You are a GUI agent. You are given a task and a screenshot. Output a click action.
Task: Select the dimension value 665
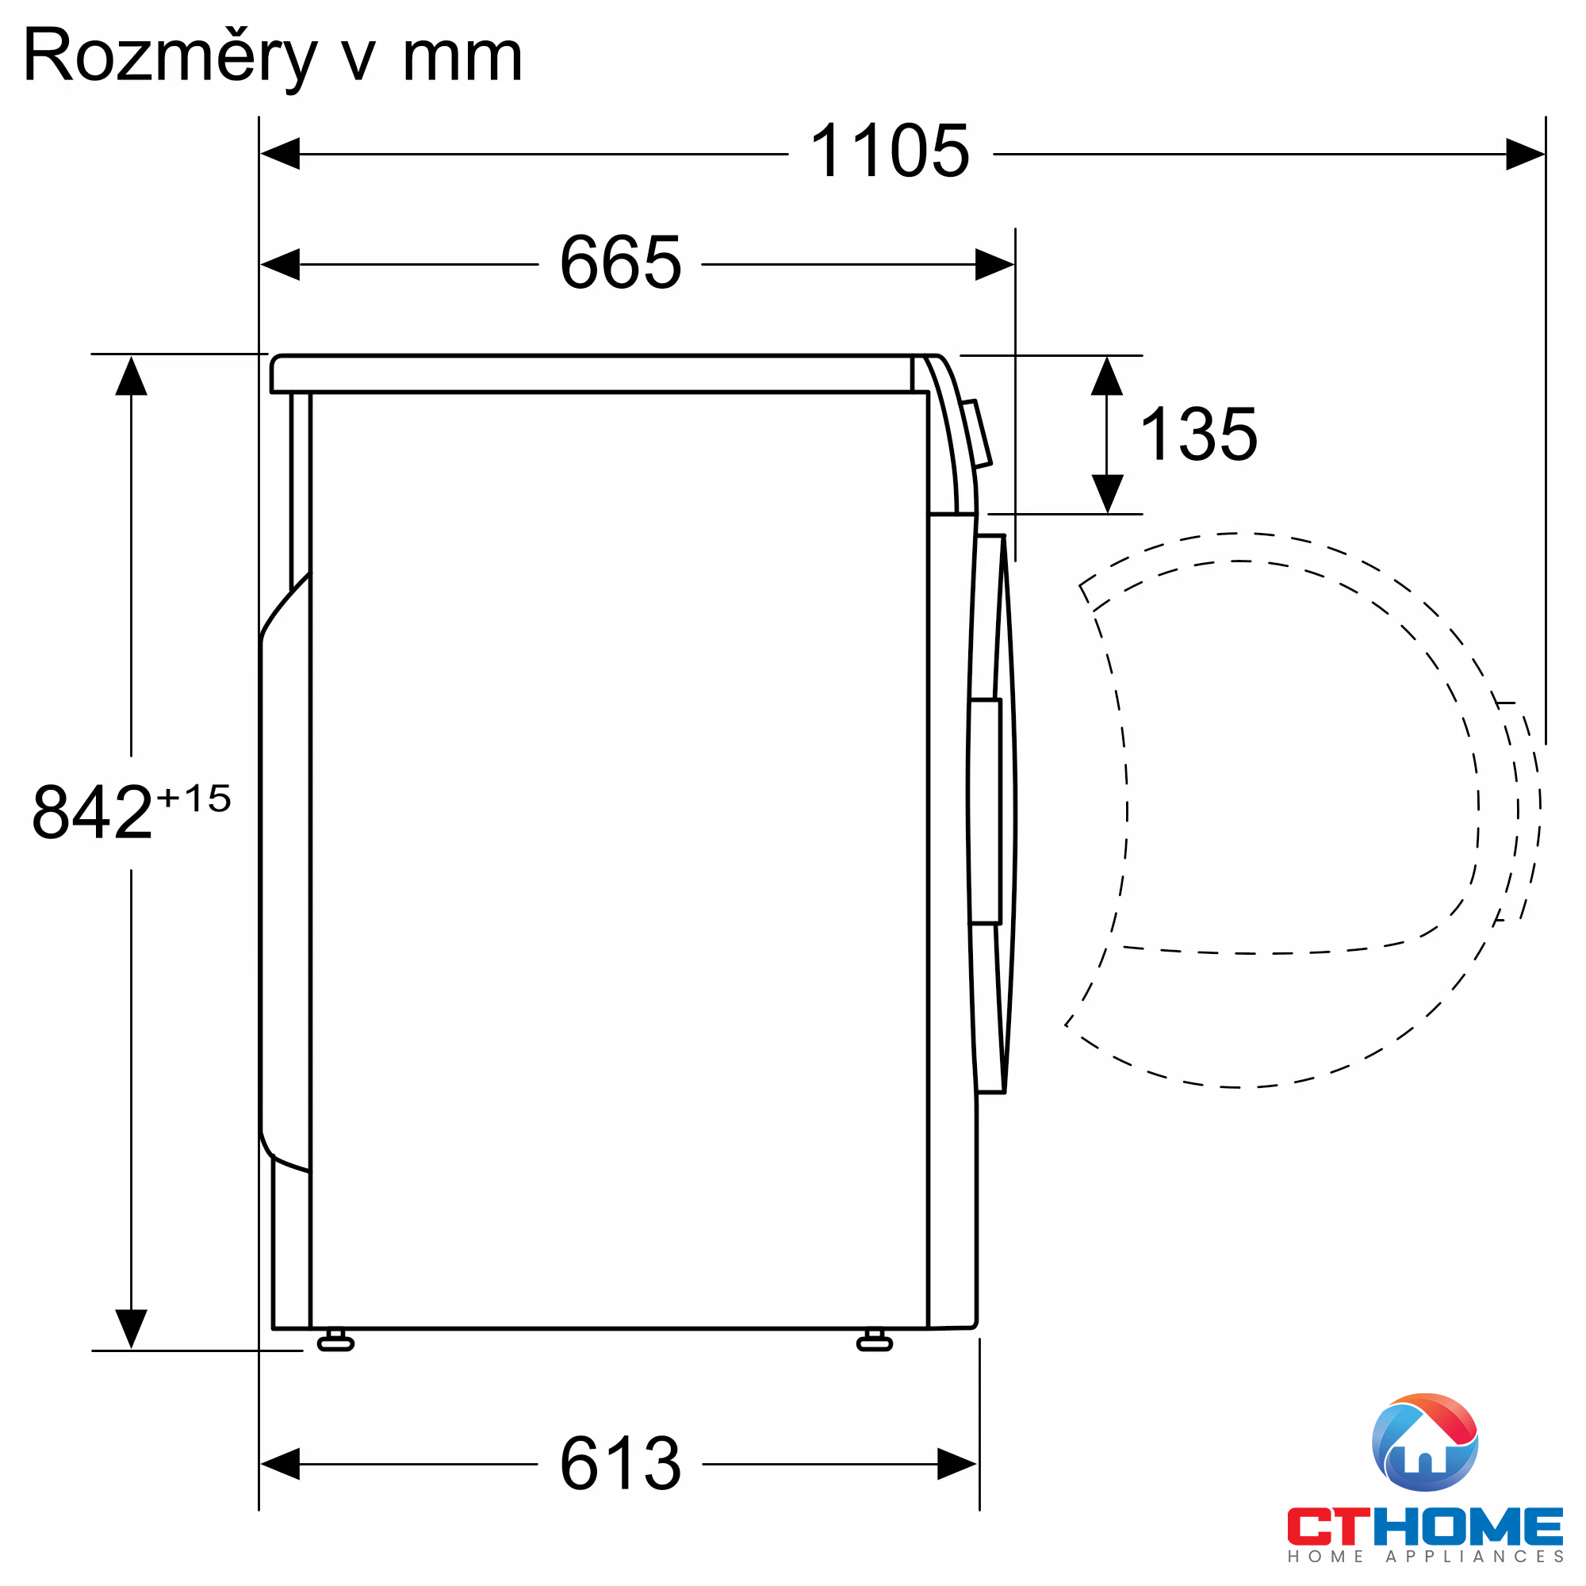[x=621, y=263]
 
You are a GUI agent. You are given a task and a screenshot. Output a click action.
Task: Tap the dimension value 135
[x=1198, y=435]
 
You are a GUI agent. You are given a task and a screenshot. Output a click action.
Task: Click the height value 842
[x=92, y=812]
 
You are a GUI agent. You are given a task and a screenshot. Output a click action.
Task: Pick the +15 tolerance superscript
[x=193, y=798]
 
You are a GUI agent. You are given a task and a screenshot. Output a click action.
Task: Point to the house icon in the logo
[x=1425, y=1442]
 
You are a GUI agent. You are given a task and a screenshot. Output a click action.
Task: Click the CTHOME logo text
[x=1425, y=1527]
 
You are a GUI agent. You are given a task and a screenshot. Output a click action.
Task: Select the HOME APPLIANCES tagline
[x=1425, y=1557]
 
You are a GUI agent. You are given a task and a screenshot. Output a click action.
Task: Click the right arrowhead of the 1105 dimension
[x=1524, y=155]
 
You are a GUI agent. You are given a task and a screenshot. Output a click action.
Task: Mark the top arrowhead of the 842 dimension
[x=132, y=376]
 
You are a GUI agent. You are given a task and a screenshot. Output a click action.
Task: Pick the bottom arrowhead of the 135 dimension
[x=1107, y=493]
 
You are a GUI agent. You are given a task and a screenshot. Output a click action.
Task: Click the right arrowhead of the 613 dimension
[x=956, y=1464]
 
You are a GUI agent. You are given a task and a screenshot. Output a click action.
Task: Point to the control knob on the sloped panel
[x=978, y=434]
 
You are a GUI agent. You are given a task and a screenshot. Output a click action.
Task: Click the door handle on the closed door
[x=985, y=812]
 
